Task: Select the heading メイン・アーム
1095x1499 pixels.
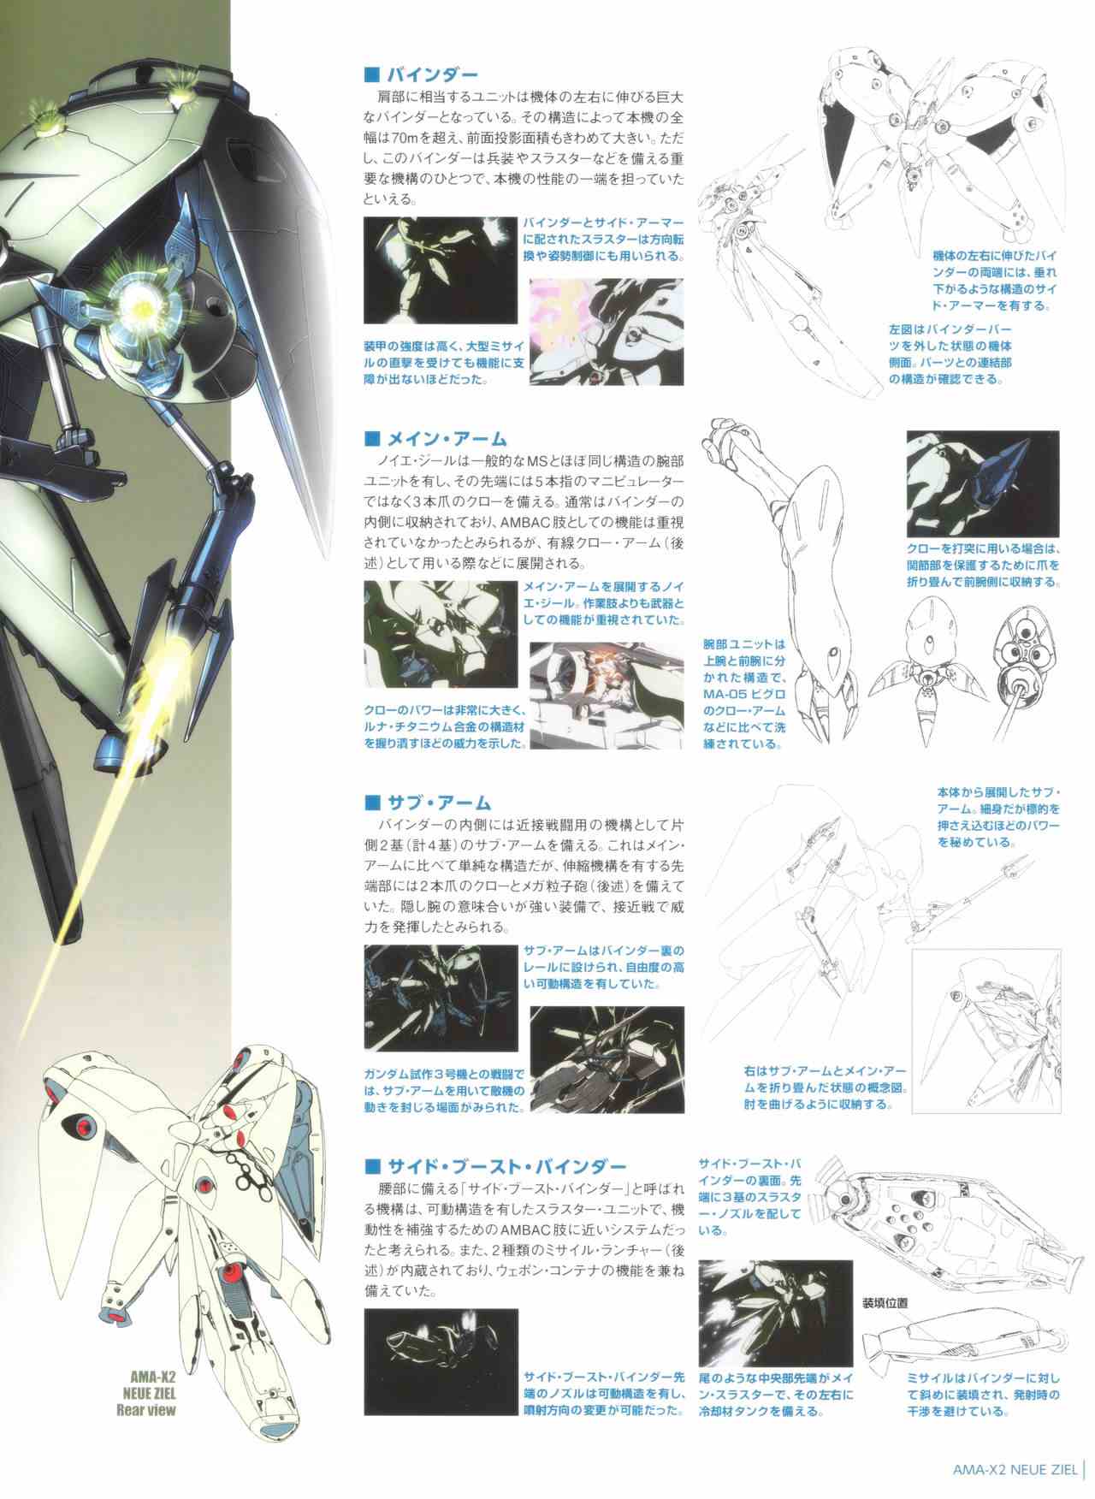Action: (447, 439)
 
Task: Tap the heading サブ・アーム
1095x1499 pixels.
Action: (437, 803)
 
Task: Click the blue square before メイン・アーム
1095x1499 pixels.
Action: (371, 440)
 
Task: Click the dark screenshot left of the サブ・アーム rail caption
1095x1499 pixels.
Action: (441, 998)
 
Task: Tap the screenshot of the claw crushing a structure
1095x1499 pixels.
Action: (607, 695)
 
